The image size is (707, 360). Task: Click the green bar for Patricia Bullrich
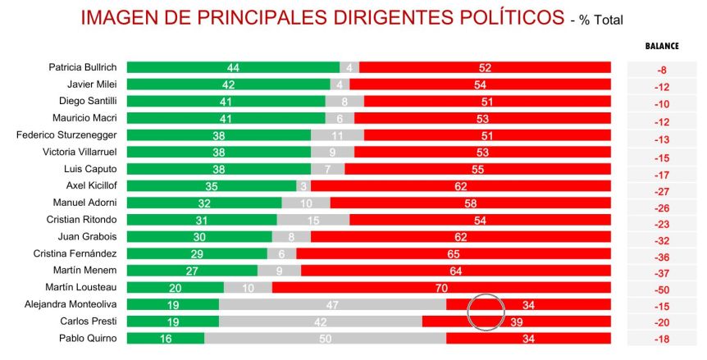click(x=233, y=67)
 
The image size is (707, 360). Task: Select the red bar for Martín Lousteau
click(x=441, y=287)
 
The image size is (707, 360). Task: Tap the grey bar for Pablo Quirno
click(x=325, y=338)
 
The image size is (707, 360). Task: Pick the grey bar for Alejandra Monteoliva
click(x=332, y=304)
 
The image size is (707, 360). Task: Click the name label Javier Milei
click(x=92, y=84)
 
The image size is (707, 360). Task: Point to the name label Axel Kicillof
click(x=92, y=185)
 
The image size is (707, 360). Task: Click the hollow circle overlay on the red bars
click(x=486, y=312)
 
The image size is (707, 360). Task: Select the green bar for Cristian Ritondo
click(x=202, y=220)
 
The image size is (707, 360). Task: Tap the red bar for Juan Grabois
click(x=460, y=236)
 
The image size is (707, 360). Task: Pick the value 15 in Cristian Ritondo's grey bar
click(x=312, y=220)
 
